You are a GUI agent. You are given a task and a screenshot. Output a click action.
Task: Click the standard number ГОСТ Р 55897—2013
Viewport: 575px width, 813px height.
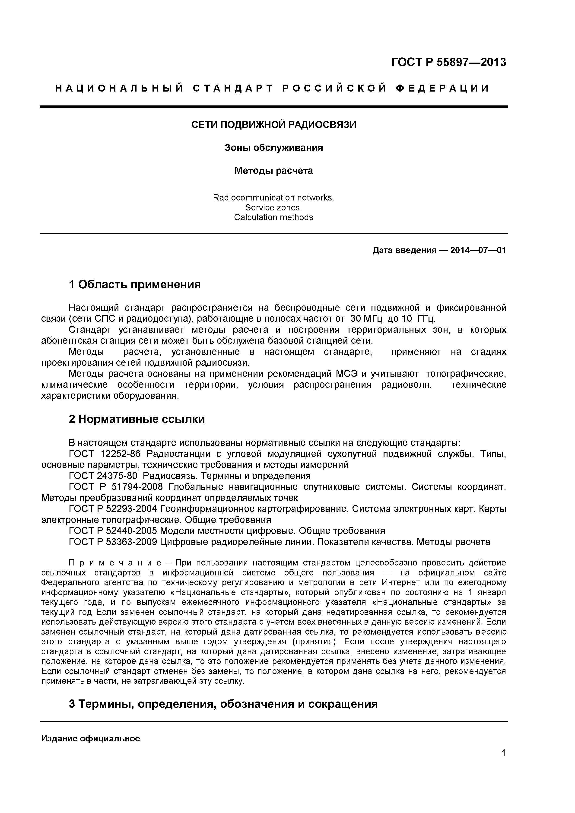click(449, 62)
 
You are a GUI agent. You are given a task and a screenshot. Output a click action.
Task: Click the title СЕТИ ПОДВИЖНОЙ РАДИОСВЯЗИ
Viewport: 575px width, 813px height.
click(274, 125)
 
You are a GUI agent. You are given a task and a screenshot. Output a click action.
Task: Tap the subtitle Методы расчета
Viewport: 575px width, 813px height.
click(274, 171)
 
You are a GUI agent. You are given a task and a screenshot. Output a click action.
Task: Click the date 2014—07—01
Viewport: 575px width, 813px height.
click(478, 250)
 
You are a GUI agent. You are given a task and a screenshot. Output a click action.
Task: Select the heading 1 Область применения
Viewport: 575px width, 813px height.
click(135, 284)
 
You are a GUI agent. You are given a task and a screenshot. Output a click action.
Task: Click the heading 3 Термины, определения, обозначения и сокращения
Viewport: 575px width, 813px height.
click(223, 704)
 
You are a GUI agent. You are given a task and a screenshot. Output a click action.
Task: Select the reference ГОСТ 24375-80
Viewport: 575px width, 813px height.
click(103, 476)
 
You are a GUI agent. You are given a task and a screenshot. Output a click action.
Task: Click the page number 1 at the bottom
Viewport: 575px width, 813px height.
click(503, 762)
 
